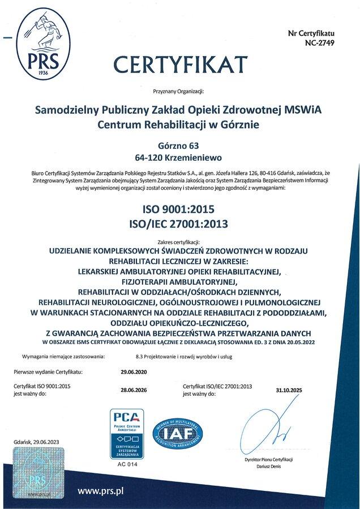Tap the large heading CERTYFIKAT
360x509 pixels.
pyautogui.click(x=181, y=62)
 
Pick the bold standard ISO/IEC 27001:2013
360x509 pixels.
pyautogui.click(x=181, y=224)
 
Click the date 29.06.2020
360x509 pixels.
pyautogui.click(x=134, y=372)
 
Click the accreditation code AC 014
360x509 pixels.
pyautogui.click(x=131, y=463)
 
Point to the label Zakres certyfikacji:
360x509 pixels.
pyautogui.click(x=181, y=241)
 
